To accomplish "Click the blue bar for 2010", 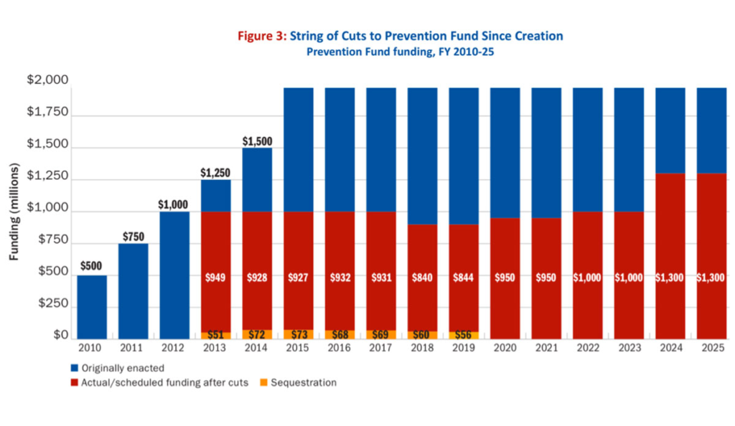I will [92, 307].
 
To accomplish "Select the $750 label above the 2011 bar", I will [133, 236].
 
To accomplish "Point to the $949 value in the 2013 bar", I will [216, 278].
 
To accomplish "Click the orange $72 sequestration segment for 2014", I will [258, 335].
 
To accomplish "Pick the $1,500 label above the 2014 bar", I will [258, 141].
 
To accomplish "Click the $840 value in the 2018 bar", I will [423, 278].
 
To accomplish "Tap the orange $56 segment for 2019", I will [464, 335].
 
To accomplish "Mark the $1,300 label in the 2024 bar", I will [670, 278].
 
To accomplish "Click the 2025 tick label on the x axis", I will [712, 349].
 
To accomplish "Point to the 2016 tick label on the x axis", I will [340, 349].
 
